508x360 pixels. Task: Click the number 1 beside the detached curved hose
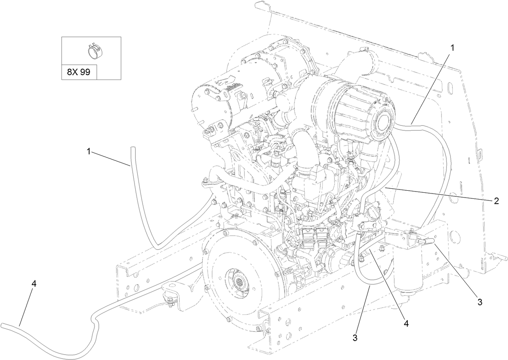[88, 152]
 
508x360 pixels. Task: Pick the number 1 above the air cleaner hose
[452, 48]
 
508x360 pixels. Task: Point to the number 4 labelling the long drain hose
[34, 284]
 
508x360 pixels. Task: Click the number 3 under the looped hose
[355, 338]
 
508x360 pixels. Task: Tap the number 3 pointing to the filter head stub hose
[480, 301]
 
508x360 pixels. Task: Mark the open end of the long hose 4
[3, 325]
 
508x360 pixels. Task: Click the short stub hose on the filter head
[428, 240]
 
